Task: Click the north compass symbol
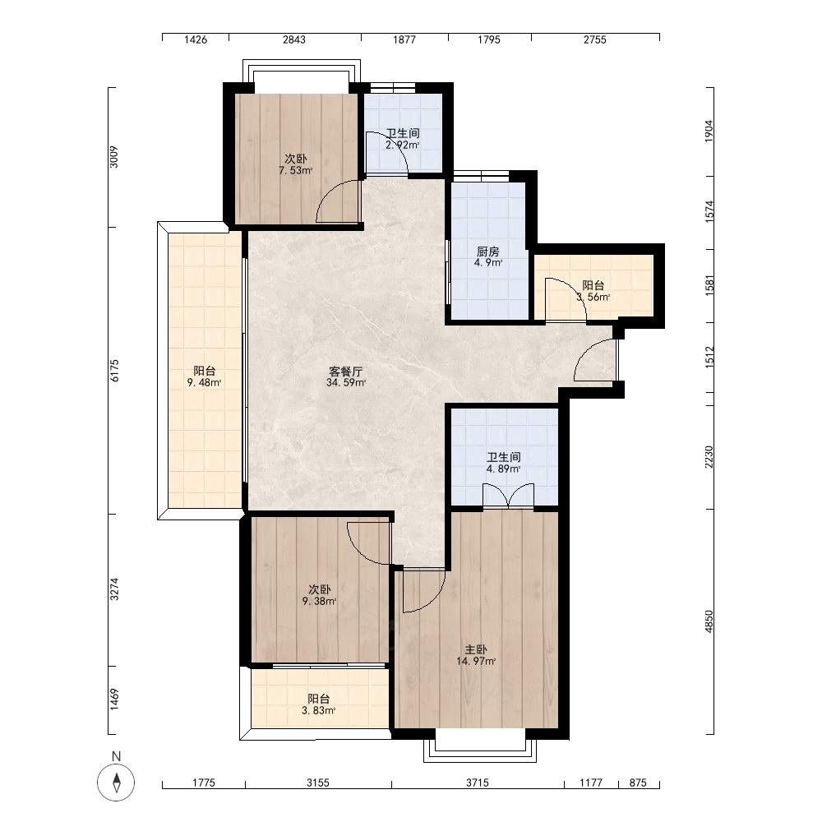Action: point(116,783)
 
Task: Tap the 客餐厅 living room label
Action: point(345,372)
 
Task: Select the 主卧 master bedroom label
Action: point(475,649)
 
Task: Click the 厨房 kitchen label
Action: point(488,252)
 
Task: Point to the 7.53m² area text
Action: point(296,170)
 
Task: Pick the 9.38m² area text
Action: point(319,602)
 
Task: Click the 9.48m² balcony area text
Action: point(204,382)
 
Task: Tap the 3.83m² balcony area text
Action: point(318,710)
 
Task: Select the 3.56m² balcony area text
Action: point(593,298)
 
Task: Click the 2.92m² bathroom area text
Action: point(403,145)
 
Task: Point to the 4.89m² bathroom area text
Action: point(503,469)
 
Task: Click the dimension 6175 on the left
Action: point(115,370)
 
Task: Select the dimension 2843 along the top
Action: point(294,39)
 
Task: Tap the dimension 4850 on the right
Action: point(709,621)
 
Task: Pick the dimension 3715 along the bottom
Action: point(477,783)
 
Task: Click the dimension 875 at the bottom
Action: point(638,783)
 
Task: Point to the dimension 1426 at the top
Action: point(196,39)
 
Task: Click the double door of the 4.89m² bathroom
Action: point(508,496)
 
